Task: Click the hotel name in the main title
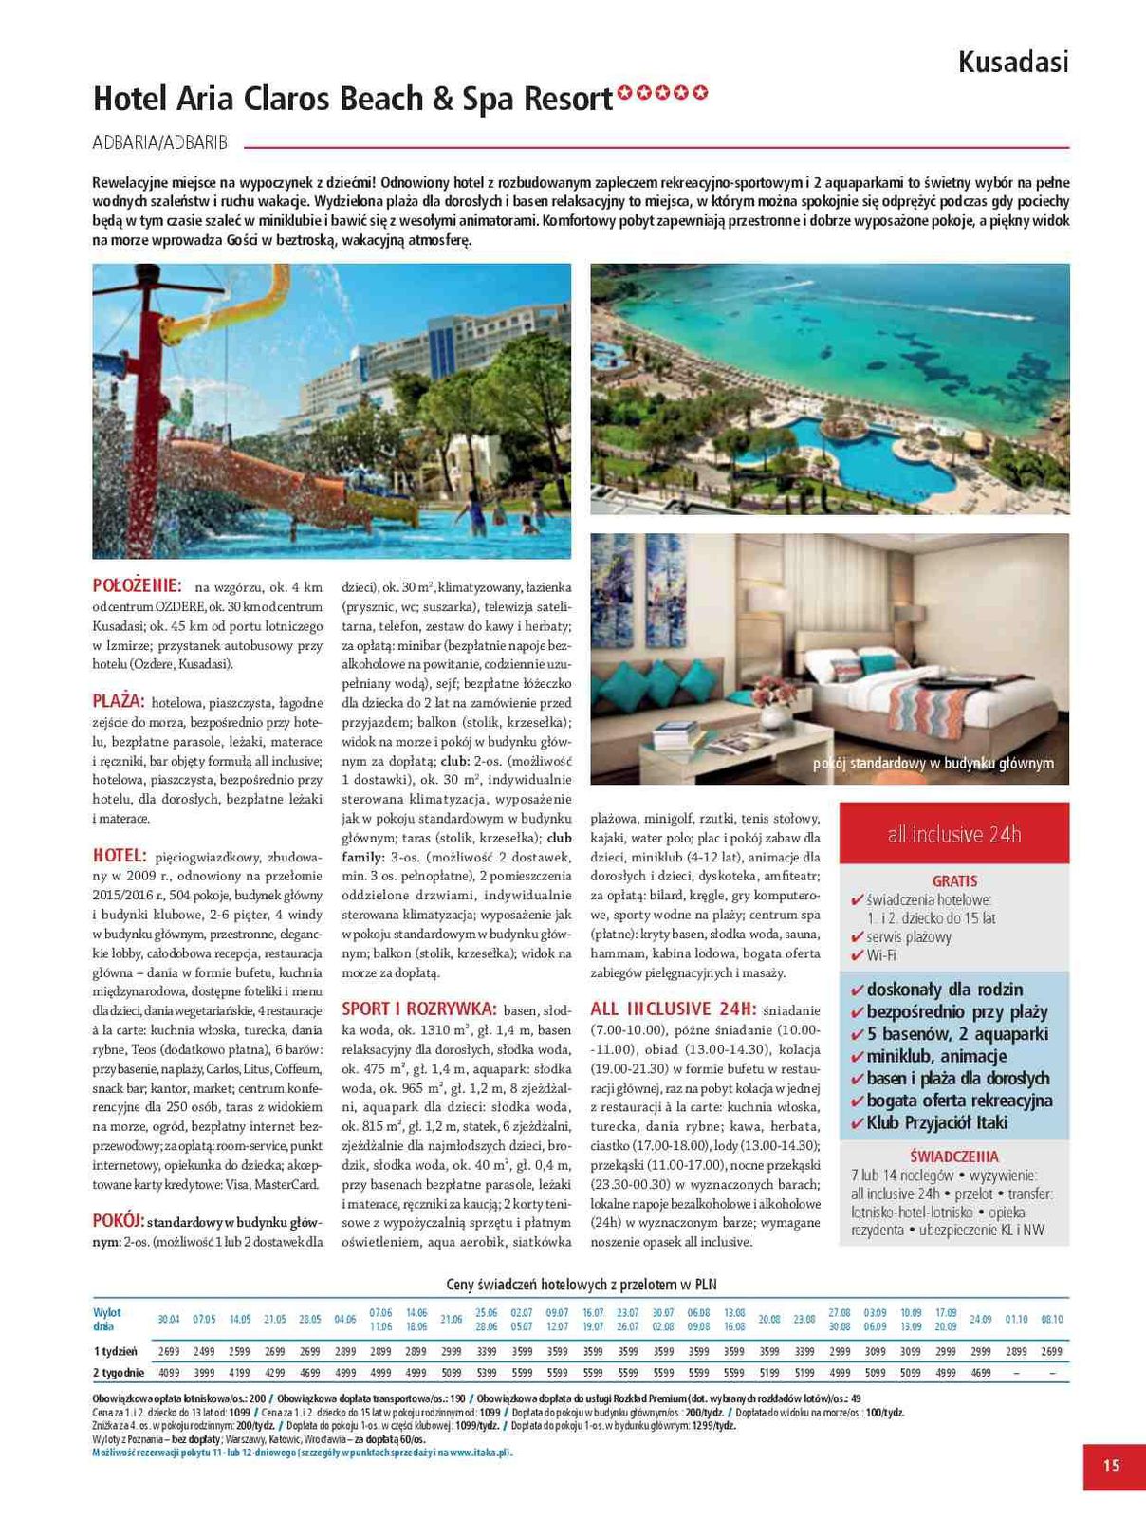[352, 99]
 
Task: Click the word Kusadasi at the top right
[1012, 62]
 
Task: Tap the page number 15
[1111, 1465]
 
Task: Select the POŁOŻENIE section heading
[137, 585]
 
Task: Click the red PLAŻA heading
[119, 701]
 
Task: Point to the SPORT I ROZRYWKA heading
[418, 1009]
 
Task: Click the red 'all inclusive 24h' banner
[954, 835]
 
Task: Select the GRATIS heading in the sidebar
[954, 880]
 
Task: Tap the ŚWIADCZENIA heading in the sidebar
[954, 1157]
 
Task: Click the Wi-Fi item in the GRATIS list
[881, 955]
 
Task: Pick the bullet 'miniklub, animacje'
[936, 1056]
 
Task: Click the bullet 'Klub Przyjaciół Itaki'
[936, 1122]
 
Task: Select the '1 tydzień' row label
[115, 1351]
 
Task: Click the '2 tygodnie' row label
[119, 1372]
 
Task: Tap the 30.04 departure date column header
[168, 1319]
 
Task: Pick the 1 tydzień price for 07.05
[204, 1351]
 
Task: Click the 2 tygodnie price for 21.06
[452, 1372]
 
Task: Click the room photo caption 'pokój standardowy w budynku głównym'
[933, 764]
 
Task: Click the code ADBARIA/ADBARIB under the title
[160, 142]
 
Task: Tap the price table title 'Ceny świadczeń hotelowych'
[581, 1285]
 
